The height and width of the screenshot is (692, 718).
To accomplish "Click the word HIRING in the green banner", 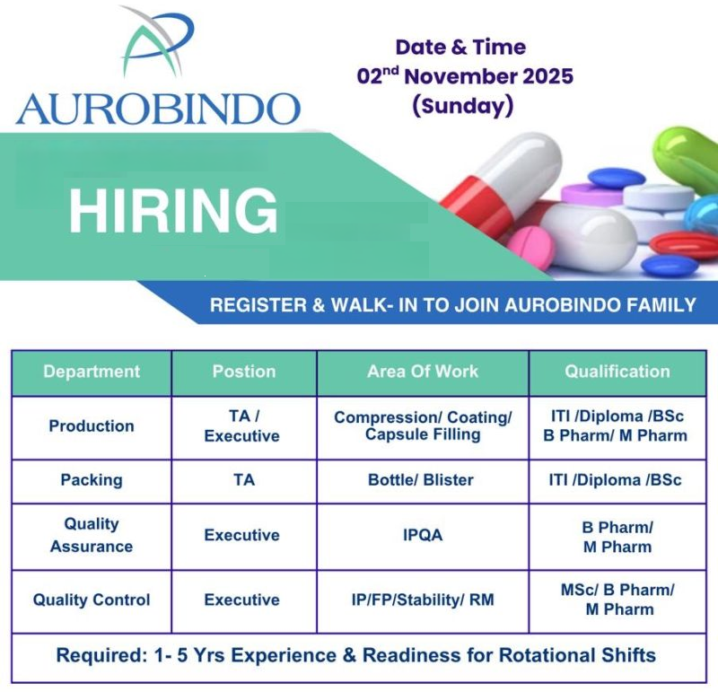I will click(173, 211).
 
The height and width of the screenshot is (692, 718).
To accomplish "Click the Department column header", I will click(92, 372).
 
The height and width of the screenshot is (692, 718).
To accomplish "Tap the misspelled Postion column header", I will click(243, 372).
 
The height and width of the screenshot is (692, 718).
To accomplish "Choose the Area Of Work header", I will click(423, 372).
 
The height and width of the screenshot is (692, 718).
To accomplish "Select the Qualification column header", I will click(617, 372).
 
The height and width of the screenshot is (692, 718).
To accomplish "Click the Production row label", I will click(92, 426).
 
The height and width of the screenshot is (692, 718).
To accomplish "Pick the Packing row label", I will click(92, 480).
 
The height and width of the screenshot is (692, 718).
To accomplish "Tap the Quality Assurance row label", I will click(92, 535).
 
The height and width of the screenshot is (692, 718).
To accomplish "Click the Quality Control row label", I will click(92, 600).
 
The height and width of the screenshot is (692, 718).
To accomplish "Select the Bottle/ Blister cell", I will click(421, 480).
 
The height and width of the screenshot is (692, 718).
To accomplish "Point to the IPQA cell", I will click(423, 535).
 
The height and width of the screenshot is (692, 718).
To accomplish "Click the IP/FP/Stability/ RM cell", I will click(422, 600).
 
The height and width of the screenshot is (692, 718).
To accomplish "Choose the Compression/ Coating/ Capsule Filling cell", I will click(423, 426).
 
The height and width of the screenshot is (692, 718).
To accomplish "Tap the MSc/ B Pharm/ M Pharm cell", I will click(617, 600).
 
